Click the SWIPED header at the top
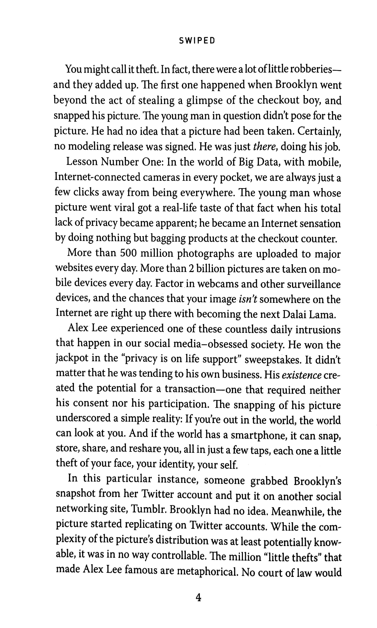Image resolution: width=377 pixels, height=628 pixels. tap(197, 41)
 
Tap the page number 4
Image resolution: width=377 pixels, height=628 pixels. tap(198, 598)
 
